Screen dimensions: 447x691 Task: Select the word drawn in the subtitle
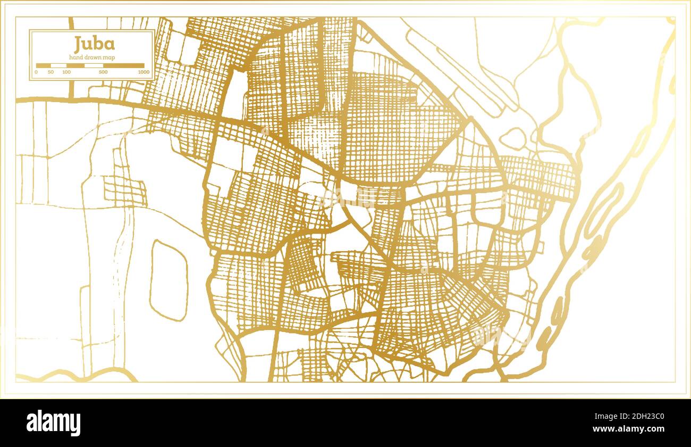92,57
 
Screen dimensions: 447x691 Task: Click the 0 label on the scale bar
36,72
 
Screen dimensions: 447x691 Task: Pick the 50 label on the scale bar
50,72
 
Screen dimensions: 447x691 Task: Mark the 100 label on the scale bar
66,72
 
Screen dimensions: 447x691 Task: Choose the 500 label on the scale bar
103,72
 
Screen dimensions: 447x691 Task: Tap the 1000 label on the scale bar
143,72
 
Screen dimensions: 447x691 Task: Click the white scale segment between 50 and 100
58,66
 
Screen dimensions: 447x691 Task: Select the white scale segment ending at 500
94,66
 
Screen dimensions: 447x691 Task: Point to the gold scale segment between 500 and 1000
123,66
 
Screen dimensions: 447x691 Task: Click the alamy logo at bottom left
54,423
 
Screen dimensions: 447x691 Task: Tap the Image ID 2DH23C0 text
635,417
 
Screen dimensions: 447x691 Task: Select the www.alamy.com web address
635,429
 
